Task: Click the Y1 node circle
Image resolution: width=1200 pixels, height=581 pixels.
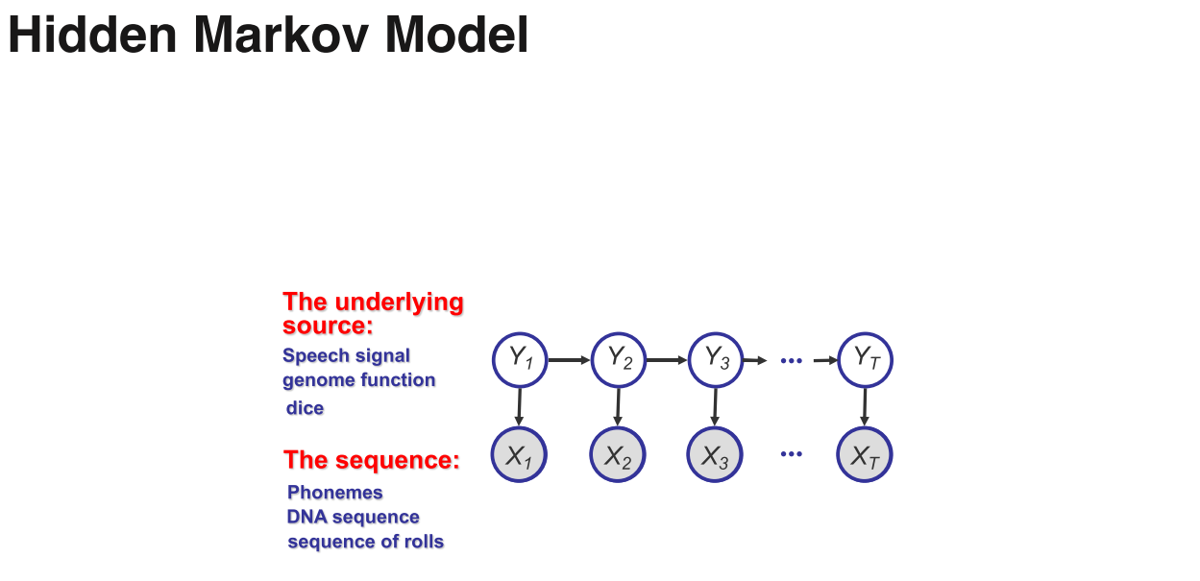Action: point(520,360)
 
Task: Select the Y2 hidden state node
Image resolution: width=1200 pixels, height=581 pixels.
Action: point(619,360)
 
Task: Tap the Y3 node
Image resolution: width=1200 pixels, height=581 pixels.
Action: point(716,360)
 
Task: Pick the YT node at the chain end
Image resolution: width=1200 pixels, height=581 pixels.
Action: point(866,360)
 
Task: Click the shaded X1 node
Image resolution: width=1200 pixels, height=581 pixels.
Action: point(520,455)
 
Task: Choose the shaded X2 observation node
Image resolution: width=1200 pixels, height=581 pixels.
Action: point(618,455)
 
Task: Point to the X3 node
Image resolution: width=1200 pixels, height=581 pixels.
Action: point(715,455)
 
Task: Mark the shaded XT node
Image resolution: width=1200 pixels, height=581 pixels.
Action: point(865,455)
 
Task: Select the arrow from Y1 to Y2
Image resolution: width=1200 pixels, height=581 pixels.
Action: point(569,360)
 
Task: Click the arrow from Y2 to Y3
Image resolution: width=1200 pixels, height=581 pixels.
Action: point(667,360)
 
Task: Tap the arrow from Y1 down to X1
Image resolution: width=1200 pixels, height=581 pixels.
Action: point(520,406)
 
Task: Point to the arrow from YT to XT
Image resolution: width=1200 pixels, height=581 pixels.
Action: point(865,406)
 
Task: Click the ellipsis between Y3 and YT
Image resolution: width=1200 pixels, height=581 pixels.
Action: point(791,360)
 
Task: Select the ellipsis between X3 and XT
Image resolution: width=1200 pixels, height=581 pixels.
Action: point(791,453)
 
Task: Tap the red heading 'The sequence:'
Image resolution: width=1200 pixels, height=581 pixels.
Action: point(372,460)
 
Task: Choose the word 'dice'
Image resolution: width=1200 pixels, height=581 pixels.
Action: point(306,408)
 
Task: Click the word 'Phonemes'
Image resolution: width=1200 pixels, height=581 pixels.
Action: point(335,493)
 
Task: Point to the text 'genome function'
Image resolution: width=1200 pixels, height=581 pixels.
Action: point(359,380)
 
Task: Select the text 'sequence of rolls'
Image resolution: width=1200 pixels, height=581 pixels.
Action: point(366,542)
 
